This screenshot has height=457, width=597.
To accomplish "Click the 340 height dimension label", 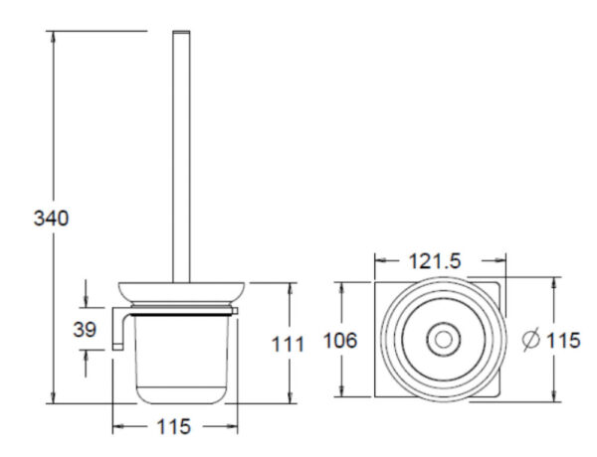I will click(x=50, y=218).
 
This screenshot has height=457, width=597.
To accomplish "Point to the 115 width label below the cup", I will click(x=174, y=426).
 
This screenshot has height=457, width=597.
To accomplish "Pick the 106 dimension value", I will click(x=339, y=340).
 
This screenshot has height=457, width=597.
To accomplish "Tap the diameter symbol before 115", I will click(x=531, y=340).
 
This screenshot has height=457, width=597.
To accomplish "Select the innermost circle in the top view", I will click(x=439, y=340).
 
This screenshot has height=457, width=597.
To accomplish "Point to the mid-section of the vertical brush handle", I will click(x=180, y=159).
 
